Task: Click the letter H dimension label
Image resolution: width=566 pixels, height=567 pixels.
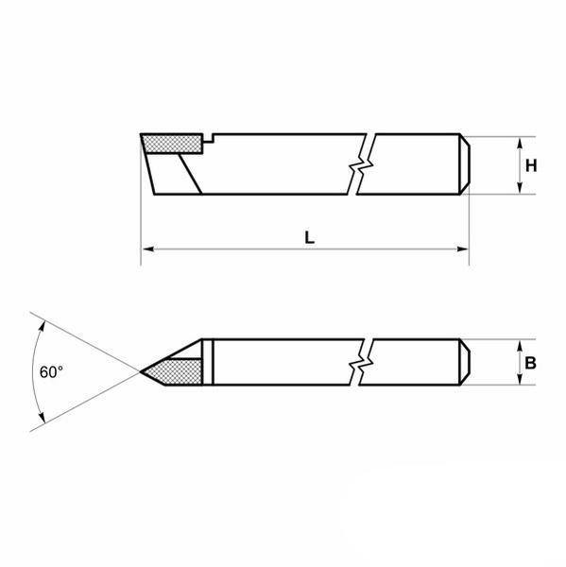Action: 530,166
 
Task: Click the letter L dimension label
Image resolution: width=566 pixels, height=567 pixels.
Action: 310,238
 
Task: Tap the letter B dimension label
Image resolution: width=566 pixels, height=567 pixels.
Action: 530,363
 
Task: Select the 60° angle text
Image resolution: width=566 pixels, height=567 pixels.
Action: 51,371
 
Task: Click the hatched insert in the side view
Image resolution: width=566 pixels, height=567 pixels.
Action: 172,144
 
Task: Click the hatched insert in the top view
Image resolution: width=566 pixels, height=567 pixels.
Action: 174,371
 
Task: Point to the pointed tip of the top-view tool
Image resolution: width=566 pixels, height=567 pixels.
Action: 141,371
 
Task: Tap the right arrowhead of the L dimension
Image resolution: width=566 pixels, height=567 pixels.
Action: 462,249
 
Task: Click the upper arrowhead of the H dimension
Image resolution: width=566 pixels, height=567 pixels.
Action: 520,142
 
